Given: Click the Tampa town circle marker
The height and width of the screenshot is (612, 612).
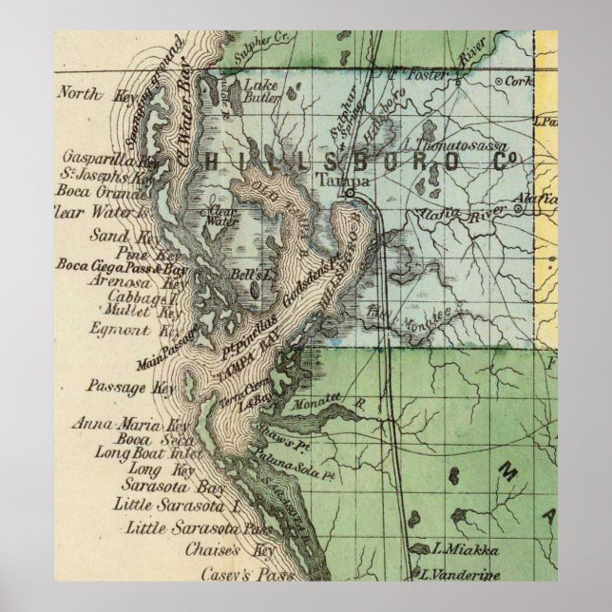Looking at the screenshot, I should point(350,192).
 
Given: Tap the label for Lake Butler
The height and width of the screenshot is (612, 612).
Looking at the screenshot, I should point(263,89).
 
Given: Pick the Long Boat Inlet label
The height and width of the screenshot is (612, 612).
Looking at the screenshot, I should point(143,454).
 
